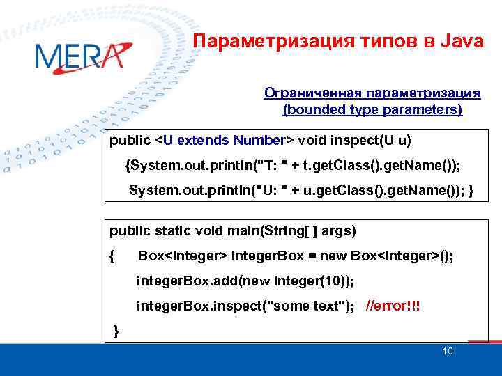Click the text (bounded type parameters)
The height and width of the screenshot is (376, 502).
372,109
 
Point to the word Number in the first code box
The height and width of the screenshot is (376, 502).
259,141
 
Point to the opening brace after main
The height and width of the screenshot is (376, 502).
113,256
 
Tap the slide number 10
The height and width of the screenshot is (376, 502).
448,351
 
